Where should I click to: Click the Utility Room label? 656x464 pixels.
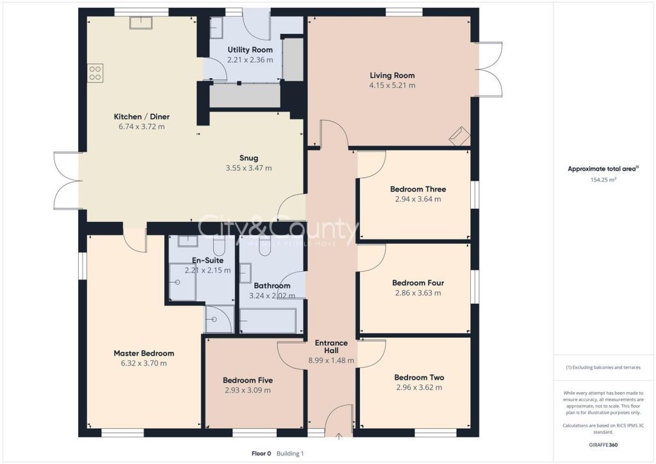tap(250, 50)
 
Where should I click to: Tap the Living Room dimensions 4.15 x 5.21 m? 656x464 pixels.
tap(392, 85)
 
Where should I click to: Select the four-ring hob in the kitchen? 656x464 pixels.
tap(95, 73)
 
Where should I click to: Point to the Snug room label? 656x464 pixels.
tap(249, 158)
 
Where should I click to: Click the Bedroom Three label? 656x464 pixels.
tap(418, 189)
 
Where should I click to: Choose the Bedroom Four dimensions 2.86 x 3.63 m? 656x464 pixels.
tap(418, 293)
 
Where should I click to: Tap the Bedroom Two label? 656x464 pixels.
tap(419, 377)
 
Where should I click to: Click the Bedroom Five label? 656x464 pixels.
tap(248, 380)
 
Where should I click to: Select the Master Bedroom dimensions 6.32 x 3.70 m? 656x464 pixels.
tap(144, 363)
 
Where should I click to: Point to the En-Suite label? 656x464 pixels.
tap(208, 260)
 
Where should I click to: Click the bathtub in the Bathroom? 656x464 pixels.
tap(268, 320)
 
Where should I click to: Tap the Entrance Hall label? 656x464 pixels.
tap(331, 347)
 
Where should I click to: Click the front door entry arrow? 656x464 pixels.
tap(339, 437)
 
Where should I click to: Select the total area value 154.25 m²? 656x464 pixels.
tap(603, 179)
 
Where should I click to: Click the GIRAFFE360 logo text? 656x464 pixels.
tap(603, 445)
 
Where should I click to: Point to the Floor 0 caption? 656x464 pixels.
tap(261, 453)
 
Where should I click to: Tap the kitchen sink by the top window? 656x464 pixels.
tap(141, 22)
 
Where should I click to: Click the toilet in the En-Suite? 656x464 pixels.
tap(220, 245)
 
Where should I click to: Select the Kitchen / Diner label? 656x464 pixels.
tap(142, 117)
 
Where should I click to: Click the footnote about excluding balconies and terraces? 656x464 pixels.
tap(603, 367)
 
